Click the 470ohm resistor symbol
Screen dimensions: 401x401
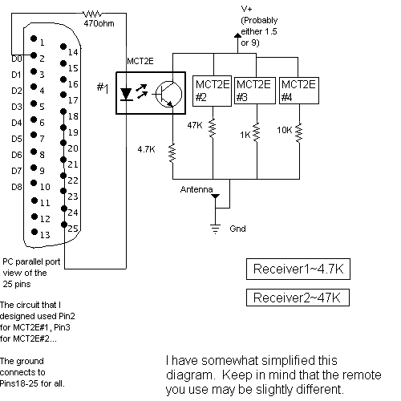point(92,14)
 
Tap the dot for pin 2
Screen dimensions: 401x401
point(34,55)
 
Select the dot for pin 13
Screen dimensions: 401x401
point(34,232)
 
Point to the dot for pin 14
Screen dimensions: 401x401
point(63,47)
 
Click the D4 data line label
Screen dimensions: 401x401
point(16,123)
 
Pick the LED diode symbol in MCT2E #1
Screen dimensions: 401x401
point(126,95)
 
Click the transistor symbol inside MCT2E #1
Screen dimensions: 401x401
point(168,95)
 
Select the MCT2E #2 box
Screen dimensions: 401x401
point(212,91)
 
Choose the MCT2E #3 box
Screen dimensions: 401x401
point(255,91)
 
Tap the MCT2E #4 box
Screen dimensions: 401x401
point(299,91)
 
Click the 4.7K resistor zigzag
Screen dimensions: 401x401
point(172,153)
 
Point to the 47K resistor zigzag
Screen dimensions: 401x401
point(213,128)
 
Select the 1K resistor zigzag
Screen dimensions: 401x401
point(257,132)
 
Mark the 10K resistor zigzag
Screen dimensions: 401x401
point(299,133)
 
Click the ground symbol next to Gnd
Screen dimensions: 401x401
point(216,229)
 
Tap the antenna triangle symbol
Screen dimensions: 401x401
point(216,196)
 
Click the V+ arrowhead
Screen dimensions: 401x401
point(237,35)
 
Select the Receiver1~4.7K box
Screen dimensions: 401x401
point(298,269)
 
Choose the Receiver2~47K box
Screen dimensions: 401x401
point(298,298)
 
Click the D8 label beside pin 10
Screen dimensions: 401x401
point(16,187)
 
